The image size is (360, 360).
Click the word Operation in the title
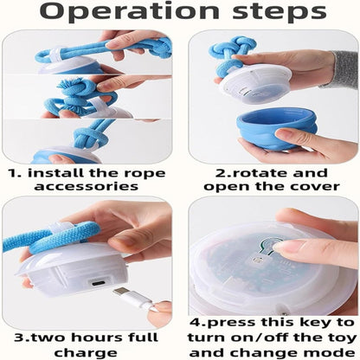[130, 11]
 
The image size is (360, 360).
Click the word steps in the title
[279, 11]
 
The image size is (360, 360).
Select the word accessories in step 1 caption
[87, 186]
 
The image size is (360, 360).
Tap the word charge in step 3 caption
[86, 353]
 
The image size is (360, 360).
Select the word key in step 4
[313, 323]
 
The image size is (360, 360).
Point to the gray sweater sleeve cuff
[345, 68]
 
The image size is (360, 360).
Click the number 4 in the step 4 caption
[196, 323]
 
